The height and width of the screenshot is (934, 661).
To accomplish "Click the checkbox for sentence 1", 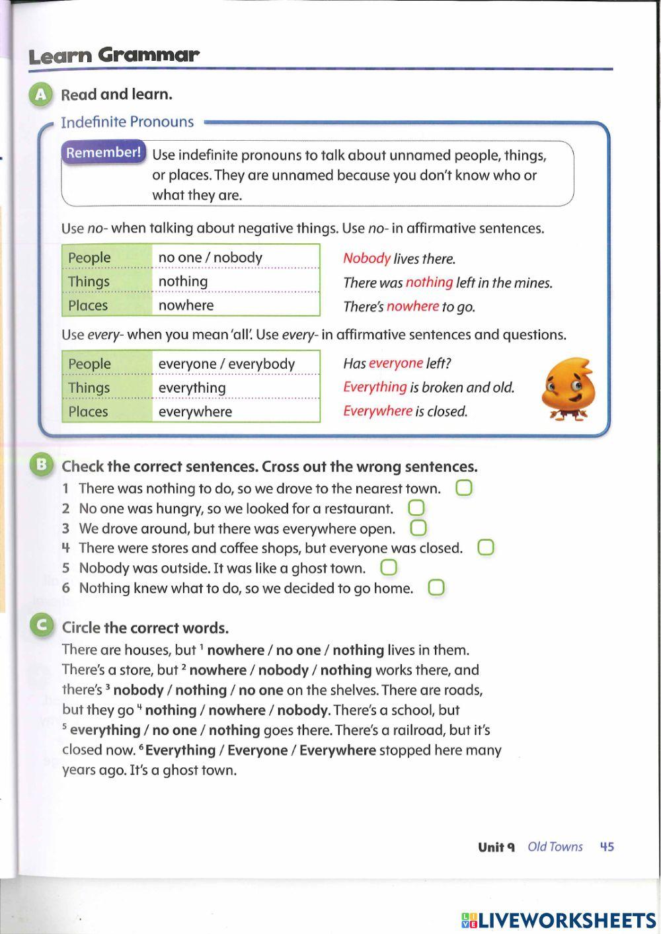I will click(x=464, y=488).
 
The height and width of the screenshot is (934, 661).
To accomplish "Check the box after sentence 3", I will click(x=418, y=528).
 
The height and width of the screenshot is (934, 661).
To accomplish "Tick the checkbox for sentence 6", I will click(x=436, y=588).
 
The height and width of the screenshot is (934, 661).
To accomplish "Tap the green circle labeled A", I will click(x=41, y=95).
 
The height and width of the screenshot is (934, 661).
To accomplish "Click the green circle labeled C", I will click(x=42, y=625).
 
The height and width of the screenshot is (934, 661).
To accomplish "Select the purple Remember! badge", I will click(x=103, y=153).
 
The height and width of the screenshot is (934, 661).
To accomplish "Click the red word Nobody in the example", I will click(x=367, y=258).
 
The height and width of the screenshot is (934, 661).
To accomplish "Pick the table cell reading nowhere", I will click(x=186, y=305).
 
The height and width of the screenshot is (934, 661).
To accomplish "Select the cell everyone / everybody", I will click(x=227, y=364).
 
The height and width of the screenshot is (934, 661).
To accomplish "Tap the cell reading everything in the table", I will click(x=192, y=388).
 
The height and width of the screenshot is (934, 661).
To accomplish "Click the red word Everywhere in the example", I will click(x=377, y=411).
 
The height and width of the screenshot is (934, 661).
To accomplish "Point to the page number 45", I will click(x=606, y=847).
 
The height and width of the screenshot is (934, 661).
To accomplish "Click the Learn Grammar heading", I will click(x=113, y=56).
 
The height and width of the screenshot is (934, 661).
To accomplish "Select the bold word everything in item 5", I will click(x=105, y=730).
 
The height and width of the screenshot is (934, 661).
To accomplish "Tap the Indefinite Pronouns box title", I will click(x=127, y=122).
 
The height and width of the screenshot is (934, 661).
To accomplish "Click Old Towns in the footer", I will click(x=555, y=847).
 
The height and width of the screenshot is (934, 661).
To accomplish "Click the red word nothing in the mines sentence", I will click(x=429, y=282).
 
